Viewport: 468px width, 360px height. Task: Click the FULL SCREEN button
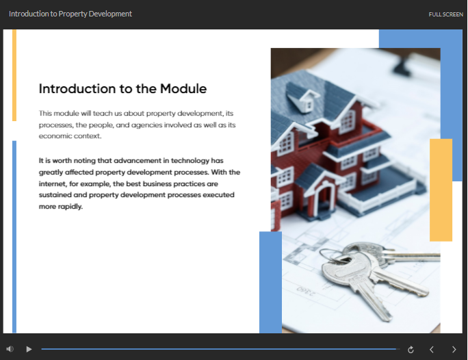click(x=445, y=14)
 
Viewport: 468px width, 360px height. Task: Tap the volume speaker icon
click(x=10, y=349)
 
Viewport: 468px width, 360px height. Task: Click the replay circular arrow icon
click(x=411, y=350)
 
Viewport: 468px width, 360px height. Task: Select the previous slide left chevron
click(x=432, y=350)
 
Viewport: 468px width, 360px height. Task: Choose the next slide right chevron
click(x=454, y=350)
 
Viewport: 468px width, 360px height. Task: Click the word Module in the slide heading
click(x=183, y=89)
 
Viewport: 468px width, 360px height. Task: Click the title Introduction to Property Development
click(x=70, y=14)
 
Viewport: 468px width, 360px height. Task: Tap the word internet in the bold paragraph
click(x=51, y=184)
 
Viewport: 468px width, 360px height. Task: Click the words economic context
click(x=70, y=136)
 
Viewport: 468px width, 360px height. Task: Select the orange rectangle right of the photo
click(x=441, y=190)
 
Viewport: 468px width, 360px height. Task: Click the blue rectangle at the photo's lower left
click(x=270, y=282)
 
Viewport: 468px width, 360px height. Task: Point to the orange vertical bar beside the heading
click(x=14, y=75)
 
